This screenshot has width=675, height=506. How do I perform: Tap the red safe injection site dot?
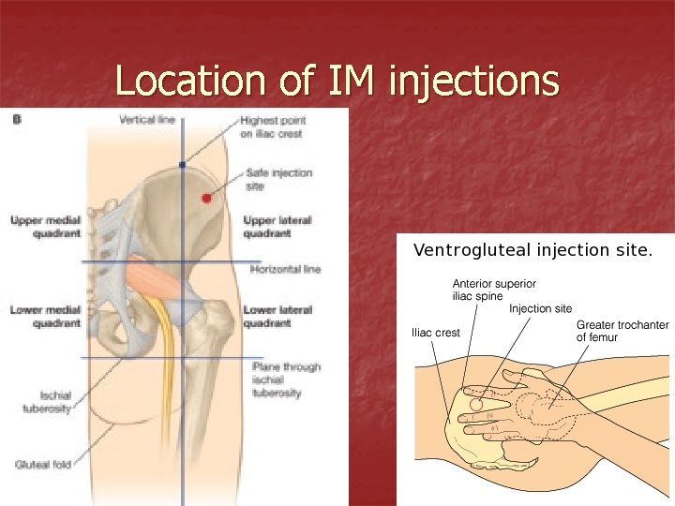point(207,199)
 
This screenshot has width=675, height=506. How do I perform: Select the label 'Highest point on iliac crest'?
point(272,126)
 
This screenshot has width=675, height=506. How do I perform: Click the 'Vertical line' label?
point(147,120)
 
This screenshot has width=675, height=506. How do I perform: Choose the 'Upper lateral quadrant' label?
point(277,227)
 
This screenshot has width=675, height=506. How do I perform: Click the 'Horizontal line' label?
point(285,269)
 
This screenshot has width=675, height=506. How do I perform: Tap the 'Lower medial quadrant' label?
point(44,316)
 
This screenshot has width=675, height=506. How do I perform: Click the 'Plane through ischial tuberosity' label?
point(286,379)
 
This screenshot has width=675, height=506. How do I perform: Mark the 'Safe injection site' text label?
point(278,179)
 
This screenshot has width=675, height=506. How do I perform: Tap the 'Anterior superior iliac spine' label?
point(494,289)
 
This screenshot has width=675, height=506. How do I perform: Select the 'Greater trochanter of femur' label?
point(622,331)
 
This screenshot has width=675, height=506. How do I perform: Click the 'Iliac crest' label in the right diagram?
point(436,333)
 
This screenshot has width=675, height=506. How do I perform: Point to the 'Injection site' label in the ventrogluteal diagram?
point(540,308)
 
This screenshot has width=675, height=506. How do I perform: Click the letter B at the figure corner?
point(17,119)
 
